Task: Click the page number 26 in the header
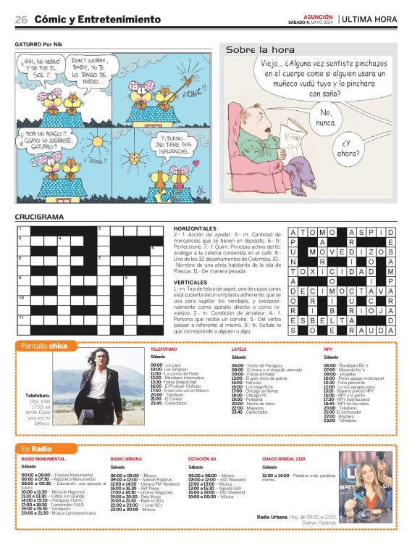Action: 21,19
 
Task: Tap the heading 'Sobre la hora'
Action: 260,50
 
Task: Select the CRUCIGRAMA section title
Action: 40,217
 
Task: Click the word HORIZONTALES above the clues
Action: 195,228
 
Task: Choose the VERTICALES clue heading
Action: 190,281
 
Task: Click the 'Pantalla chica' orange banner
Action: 45,346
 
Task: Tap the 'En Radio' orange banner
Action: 35,449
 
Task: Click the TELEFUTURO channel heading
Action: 163,349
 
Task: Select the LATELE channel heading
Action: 239,349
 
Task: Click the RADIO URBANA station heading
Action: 126,460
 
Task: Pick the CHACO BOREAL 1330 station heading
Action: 284,460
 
